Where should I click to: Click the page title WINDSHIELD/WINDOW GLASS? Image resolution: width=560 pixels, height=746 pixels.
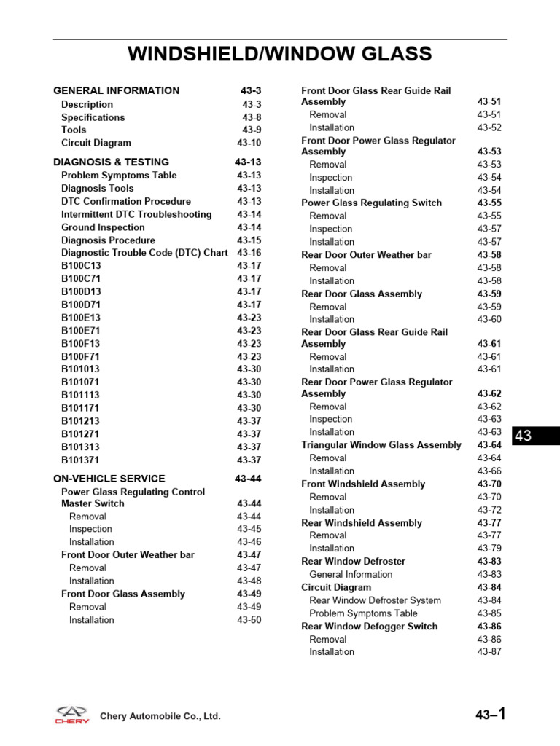pyautogui.click(x=280, y=54)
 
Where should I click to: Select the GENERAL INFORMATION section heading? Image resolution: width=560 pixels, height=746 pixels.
pyautogui.click(x=116, y=91)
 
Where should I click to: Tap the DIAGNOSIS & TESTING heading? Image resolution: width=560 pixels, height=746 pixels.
pyautogui.click(x=111, y=162)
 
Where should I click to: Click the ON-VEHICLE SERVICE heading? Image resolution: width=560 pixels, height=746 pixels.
pyautogui.click(x=109, y=479)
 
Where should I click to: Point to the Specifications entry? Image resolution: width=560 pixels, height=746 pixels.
pyautogui.click(x=93, y=117)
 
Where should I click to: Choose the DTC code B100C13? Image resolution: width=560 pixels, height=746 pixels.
pyautogui.click(x=80, y=266)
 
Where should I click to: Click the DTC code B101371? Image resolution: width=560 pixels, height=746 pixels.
pyautogui.click(x=80, y=460)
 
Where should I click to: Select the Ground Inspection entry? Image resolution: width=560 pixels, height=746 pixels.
pyautogui.click(x=103, y=227)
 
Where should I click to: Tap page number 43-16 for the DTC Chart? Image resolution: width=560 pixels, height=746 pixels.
pyautogui.click(x=249, y=253)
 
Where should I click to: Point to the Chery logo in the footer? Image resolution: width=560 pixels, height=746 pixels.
pyautogui.click(x=73, y=715)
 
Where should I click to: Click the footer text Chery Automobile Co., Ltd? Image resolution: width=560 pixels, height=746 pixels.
pyautogui.click(x=160, y=717)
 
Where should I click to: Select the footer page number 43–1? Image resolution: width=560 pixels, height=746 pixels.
pyautogui.click(x=490, y=715)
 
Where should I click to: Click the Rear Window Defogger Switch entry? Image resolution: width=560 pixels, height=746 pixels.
pyautogui.click(x=369, y=627)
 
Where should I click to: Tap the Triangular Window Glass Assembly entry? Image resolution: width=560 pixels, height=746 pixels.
pyautogui.click(x=381, y=445)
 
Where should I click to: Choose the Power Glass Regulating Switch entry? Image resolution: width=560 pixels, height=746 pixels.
pyautogui.click(x=371, y=203)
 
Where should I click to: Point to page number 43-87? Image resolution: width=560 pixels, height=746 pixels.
pyautogui.click(x=489, y=652)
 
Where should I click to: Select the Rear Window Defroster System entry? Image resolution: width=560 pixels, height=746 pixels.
pyautogui.click(x=375, y=601)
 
